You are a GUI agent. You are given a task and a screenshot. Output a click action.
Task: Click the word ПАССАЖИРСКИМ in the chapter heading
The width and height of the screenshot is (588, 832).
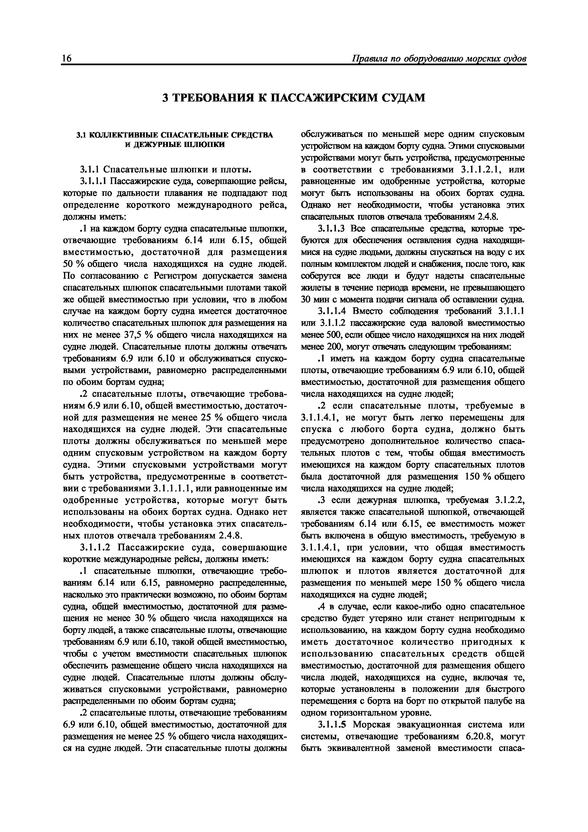(323, 98)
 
